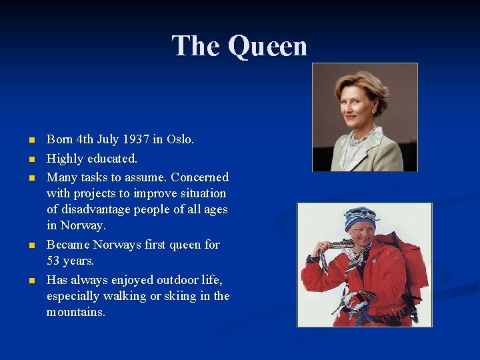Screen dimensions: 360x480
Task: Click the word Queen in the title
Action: point(267,46)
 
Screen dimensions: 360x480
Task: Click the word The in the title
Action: point(196,46)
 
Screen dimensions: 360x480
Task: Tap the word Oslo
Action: point(180,140)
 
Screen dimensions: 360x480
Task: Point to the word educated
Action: point(111,159)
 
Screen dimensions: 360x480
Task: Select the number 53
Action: point(54,261)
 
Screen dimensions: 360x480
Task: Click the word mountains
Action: point(75,312)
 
